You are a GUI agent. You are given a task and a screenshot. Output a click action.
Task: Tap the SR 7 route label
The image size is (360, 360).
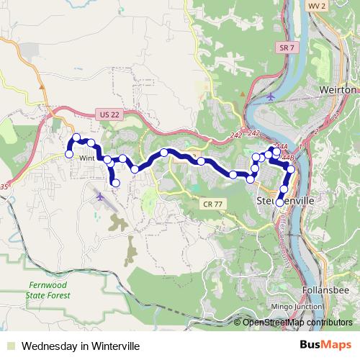tap(286, 47)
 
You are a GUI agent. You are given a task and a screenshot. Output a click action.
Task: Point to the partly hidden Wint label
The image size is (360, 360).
tap(86, 158)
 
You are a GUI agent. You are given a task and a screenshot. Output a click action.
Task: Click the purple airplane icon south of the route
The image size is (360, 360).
tap(99, 194)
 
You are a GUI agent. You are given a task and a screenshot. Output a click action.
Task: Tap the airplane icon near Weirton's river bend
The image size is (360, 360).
tap(270, 96)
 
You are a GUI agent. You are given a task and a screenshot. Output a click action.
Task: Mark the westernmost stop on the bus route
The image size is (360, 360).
tap(69, 153)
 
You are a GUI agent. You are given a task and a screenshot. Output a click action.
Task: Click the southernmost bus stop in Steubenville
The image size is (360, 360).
tap(280, 202)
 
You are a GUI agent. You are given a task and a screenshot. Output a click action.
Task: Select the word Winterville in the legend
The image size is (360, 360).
tap(109, 345)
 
